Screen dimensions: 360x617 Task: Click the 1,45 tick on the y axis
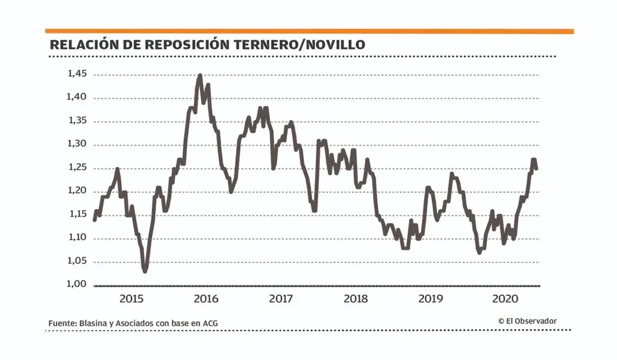[x=77, y=74]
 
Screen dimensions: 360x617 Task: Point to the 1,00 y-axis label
[x=77, y=284]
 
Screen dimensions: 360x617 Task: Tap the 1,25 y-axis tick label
[x=77, y=167]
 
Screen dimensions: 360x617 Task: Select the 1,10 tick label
[x=77, y=238]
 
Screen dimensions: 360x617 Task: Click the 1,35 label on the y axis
[x=77, y=121]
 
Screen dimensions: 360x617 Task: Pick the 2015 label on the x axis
[x=131, y=298]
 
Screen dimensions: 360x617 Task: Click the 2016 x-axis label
[x=206, y=298]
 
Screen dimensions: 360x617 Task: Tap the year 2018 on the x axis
[x=356, y=298]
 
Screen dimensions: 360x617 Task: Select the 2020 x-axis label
[x=506, y=298]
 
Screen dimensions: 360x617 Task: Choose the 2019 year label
[x=431, y=298]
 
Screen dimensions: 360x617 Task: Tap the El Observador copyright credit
[x=527, y=321]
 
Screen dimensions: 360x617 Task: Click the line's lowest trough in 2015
[x=145, y=271]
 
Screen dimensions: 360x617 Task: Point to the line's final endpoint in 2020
[x=536, y=168]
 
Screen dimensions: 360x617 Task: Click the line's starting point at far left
[x=95, y=219]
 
